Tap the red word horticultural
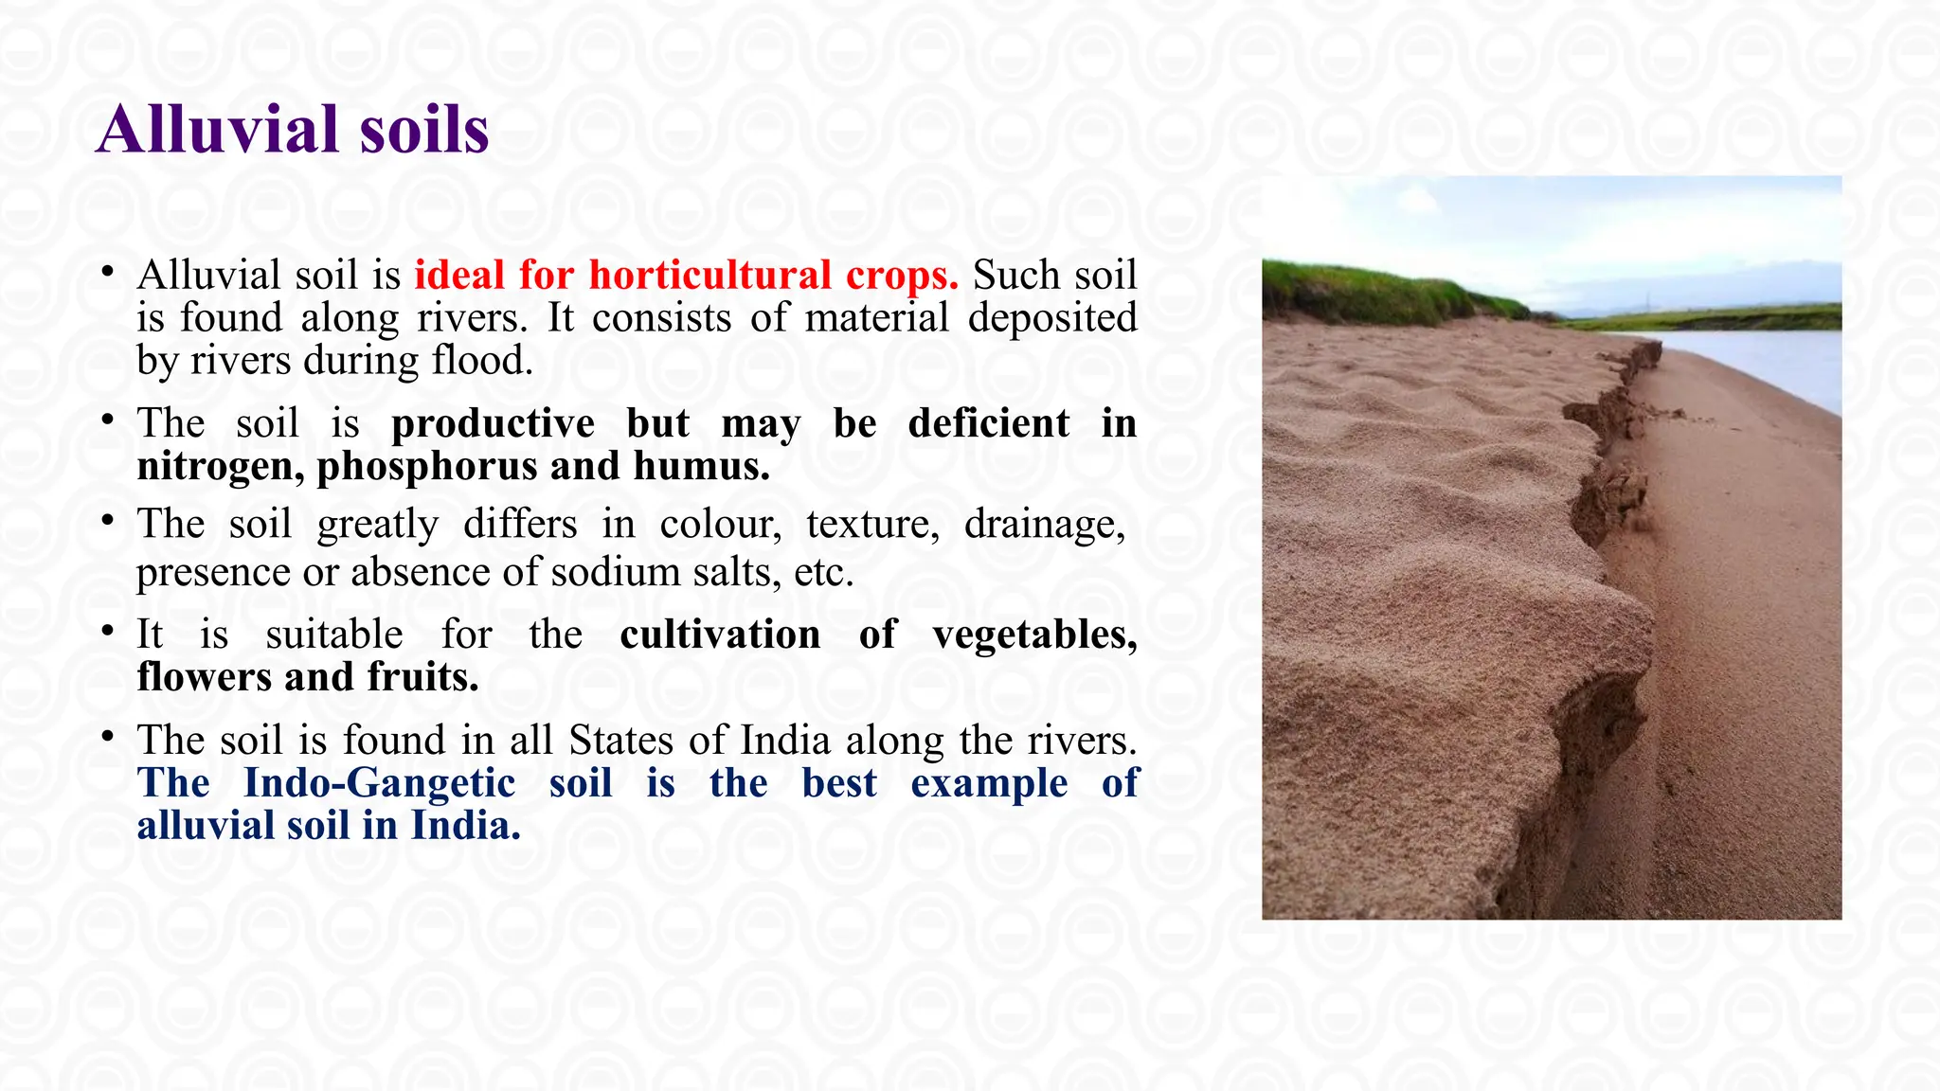point(710,276)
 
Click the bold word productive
point(493,423)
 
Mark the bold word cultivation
point(720,635)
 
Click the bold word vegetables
point(1034,635)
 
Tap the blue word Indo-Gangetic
point(379,783)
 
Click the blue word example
point(989,783)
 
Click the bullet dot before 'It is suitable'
point(108,630)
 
